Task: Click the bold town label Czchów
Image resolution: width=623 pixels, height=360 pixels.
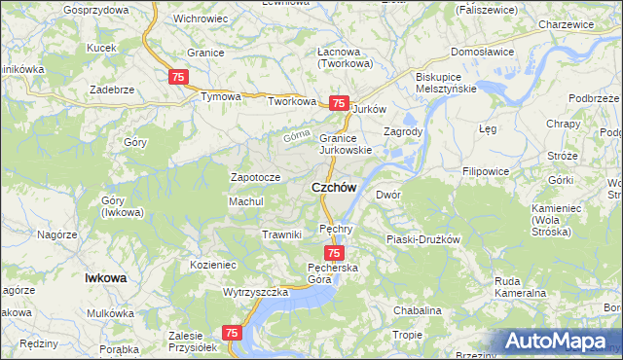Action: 333,187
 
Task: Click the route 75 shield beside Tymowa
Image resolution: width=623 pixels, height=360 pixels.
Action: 178,77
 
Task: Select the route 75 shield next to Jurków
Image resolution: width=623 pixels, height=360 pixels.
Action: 338,103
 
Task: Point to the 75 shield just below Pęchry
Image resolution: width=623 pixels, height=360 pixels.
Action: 333,252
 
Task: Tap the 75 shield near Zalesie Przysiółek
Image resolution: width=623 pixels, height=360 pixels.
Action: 232,333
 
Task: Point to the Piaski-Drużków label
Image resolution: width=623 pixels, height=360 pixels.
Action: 422,238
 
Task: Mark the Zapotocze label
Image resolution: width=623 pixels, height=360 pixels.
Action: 255,177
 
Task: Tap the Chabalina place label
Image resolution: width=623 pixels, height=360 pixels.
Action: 418,310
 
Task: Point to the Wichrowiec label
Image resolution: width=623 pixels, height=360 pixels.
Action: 201,18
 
